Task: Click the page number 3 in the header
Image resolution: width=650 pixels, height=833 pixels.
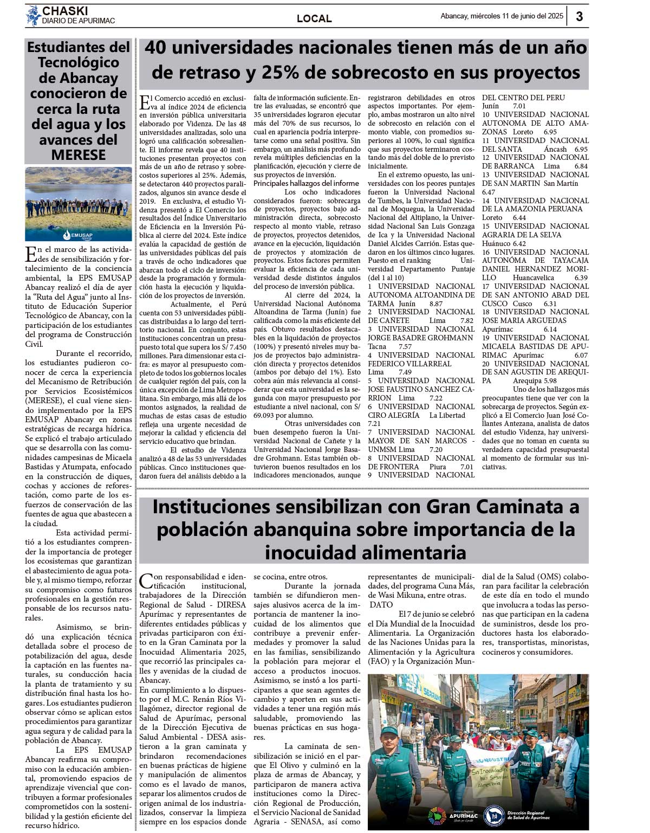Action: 579,16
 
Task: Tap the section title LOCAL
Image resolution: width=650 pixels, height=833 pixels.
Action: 314,18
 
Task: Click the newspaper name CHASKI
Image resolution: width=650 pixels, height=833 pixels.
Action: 65,11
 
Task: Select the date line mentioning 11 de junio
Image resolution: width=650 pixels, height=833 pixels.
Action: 502,16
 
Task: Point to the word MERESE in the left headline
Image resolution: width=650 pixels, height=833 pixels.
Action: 79,155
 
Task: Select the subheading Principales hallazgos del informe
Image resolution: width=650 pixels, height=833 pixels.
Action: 307,183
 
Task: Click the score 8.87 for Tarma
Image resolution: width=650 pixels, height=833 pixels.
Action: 435,304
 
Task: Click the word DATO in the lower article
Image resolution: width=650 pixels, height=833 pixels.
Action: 381,605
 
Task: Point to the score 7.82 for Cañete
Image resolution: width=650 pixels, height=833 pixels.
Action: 467,321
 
